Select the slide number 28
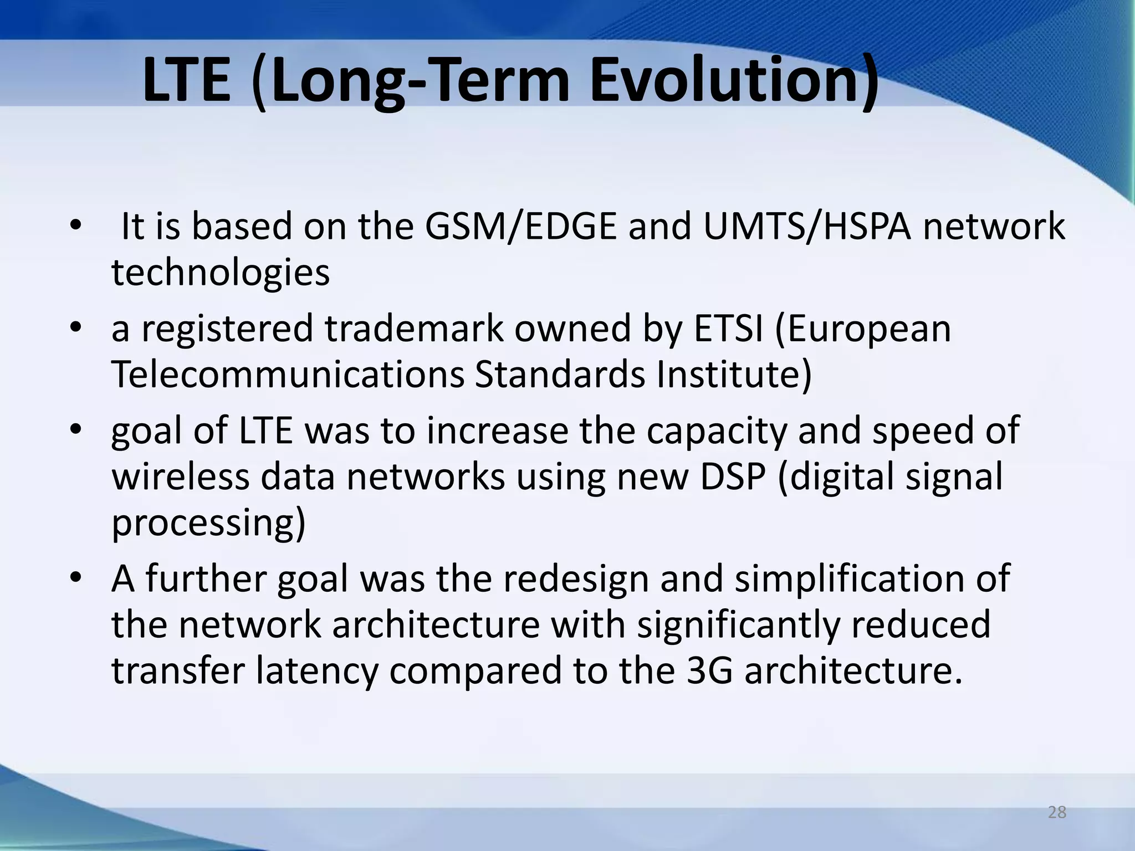(1057, 812)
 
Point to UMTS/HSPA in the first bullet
(807, 227)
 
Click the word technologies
(221, 273)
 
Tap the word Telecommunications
(288, 375)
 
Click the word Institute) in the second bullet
(734, 375)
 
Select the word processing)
(208, 524)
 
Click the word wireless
(181, 477)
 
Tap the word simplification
(855, 579)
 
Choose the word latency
(316, 671)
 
